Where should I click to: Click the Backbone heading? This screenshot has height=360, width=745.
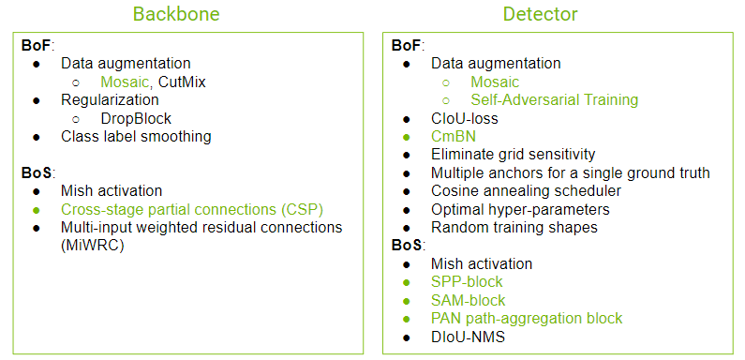pos(176,14)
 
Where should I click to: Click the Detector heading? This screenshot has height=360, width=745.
pos(540,14)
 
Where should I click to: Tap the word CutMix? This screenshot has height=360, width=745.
pos(182,82)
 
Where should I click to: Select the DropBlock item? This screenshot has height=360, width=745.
pos(136,118)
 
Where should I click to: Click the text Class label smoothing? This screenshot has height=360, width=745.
pos(136,137)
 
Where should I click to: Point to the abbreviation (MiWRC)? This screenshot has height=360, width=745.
pos(93,246)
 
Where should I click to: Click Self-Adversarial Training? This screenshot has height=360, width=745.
pos(555,100)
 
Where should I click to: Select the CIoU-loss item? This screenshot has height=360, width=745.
pos(464,118)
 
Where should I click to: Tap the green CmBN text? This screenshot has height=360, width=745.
pos(454,137)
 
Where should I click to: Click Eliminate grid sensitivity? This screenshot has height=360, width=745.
pos(514,155)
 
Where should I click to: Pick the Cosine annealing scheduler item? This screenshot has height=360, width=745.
pos(526,191)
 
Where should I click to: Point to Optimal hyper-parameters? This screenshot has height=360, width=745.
pos(520,209)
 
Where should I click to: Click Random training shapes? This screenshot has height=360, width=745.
pos(514,227)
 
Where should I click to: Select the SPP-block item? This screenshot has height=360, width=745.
pos(467,282)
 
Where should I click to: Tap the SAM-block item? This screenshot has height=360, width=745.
pos(468,300)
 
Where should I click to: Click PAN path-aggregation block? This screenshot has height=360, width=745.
pos(527,318)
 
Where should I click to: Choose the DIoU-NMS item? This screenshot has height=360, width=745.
pos(468,337)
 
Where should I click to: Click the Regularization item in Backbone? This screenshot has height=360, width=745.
pos(110,100)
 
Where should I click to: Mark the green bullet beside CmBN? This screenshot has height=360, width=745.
pos(406,137)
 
